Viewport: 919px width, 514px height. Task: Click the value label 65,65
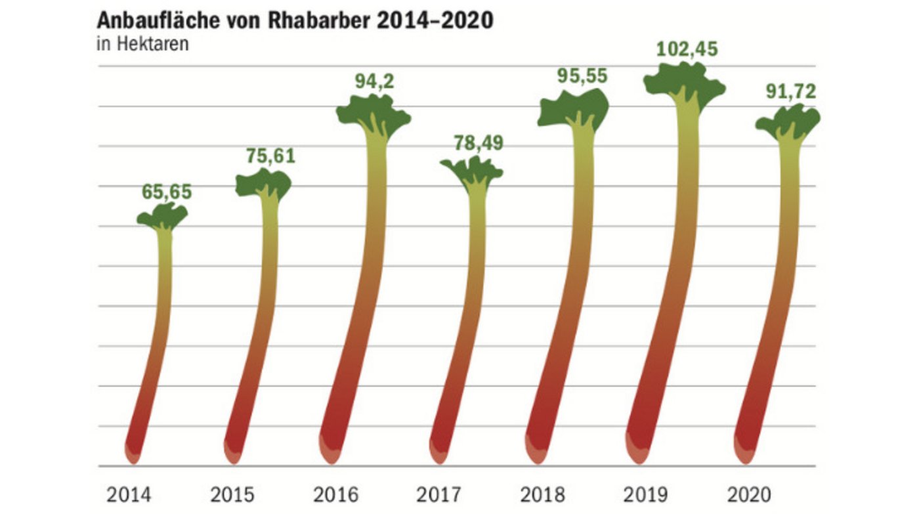tap(167, 192)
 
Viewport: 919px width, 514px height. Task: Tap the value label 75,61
tap(270, 156)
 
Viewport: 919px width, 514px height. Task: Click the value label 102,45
tap(687, 49)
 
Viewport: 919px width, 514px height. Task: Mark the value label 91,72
tap(790, 92)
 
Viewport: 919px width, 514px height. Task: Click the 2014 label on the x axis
tap(128, 494)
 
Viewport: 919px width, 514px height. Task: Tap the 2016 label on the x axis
tap(336, 494)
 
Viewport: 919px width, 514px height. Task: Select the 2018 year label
tap(542, 494)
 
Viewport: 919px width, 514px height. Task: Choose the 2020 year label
tap(749, 494)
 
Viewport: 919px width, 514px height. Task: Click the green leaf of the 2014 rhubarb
tap(163, 216)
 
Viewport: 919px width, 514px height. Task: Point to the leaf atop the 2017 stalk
tap(471, 171)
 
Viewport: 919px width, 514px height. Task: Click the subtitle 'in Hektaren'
tap(143, 45)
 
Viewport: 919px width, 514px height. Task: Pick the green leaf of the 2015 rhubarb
tap(264, 183)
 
